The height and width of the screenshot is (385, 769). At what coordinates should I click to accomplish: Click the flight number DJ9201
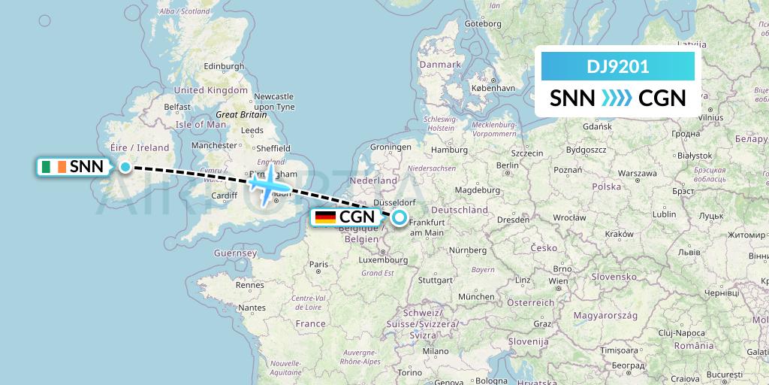click(x=617, y=66)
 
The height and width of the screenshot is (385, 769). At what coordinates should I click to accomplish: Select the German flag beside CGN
click(x=325, y=217)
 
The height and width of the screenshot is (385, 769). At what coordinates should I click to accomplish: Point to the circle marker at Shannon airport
click(x=126, y=167)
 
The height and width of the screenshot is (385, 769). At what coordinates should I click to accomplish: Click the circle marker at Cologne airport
click(x=400, y=218)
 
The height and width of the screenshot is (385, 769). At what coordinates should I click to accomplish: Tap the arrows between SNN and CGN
click(x=617, y=99)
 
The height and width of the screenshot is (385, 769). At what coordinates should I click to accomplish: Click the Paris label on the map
click(x=320, y=264)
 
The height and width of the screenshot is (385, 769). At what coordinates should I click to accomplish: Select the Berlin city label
click(x=508, y=165)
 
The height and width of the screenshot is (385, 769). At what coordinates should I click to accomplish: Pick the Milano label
click(x=435, y=351)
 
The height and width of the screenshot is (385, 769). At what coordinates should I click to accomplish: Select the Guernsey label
click(x=234, y=253)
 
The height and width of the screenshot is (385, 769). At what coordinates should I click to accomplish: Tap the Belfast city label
click(x=178, y=107)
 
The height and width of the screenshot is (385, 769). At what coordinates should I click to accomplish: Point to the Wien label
click(x=558, y=281)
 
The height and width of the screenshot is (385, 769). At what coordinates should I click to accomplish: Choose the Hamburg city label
click(x=451, y=150)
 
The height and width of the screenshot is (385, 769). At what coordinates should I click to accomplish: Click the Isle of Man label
click(x=201, y=124)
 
